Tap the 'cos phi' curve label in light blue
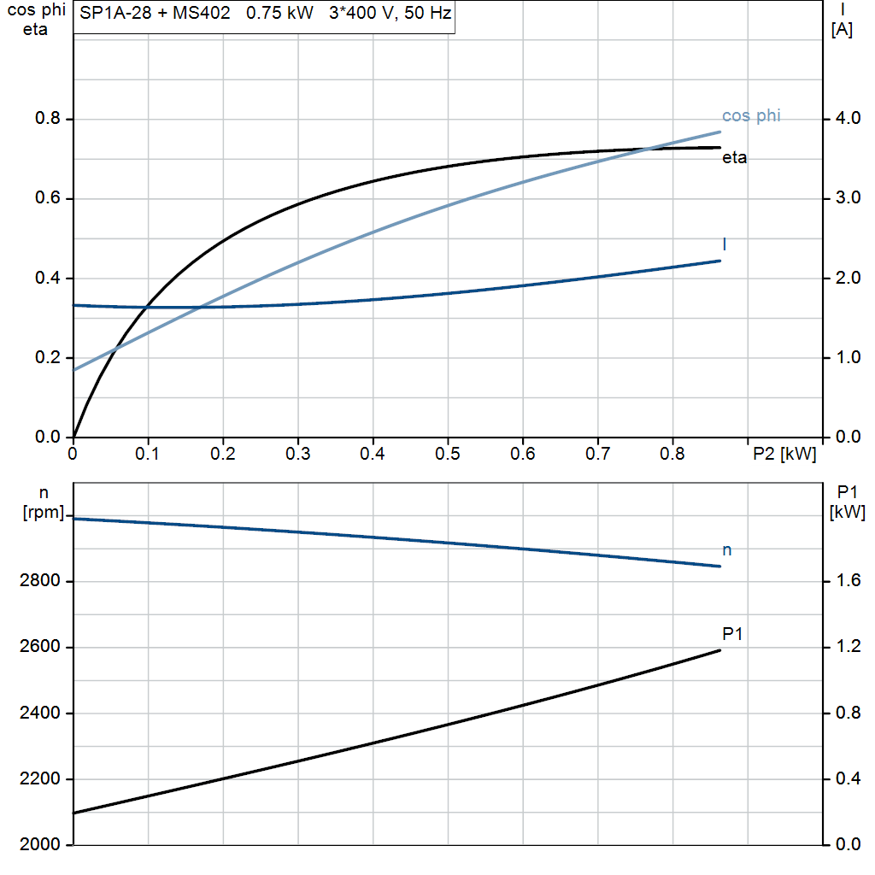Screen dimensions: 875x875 point(751,116)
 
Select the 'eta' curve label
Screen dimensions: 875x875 point(735,158)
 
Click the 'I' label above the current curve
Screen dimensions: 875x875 point(725,245)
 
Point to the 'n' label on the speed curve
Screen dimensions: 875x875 point(727,550)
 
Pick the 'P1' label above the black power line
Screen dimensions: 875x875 point(732,633)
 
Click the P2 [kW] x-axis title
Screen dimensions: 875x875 point(784,455)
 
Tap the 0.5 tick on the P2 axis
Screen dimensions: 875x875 point(447,454)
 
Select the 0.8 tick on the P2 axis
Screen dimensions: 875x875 point(672,454)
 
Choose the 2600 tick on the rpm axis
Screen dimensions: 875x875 point(39,647)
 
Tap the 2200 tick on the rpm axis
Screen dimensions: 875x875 point(39,779)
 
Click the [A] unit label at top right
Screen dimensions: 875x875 point(842,31)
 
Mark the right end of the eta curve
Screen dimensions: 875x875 point(720,148)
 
